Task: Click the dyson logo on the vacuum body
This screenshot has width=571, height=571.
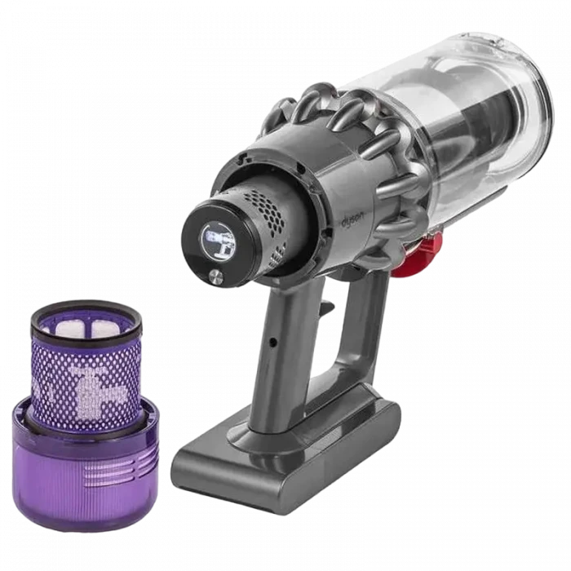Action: [x=353, y=221]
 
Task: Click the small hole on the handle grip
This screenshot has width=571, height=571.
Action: [x=272, y=341]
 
